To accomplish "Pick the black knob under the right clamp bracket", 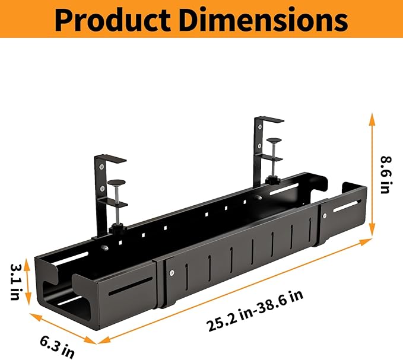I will click(x=274, y=179).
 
